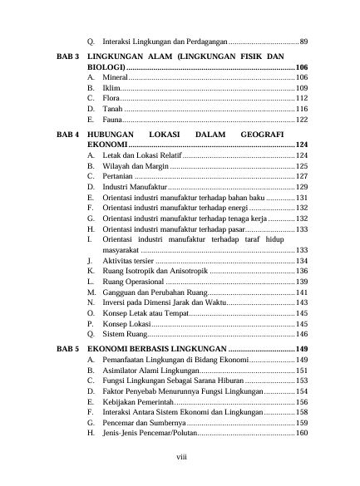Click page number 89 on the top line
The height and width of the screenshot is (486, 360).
point(304,41)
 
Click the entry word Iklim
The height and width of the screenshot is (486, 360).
point(112,87)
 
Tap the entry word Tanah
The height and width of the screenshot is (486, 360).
point(114,109)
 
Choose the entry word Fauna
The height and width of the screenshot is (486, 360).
point(114,120)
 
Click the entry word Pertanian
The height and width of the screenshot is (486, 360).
point(119,176)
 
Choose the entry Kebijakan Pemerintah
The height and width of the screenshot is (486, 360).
point(139,401)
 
